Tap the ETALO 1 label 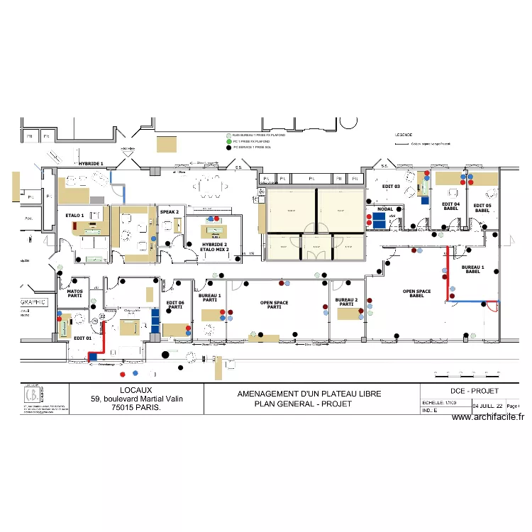(x=74, y=215)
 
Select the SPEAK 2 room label (x=169, y=211)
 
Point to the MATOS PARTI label (x=74, y=293)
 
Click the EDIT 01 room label (x=82, y=338)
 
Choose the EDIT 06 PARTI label (x=175, y=305)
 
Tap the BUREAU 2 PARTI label (x=345, y=302)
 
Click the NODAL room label (x=385, y=209)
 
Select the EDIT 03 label (x=392, y=186)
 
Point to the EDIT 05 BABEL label (x=482, y=208)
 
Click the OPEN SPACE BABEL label (x=417, y=294)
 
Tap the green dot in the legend (x=228, y=141)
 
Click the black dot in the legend (x=228, y=148)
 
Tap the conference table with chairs (x=210, y=187)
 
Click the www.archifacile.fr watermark (x=488, y=417)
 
